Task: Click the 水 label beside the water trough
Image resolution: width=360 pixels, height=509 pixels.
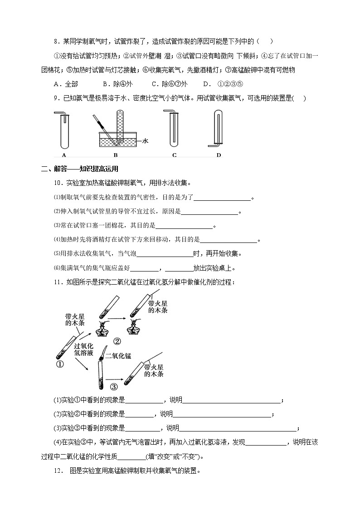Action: click(145, 141)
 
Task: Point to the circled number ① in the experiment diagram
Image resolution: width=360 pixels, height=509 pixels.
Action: click(59, 364)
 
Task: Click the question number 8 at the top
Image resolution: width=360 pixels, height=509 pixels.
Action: click(55, 42)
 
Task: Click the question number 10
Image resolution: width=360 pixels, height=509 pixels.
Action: click(57, 183)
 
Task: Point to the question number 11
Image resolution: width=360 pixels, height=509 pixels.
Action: click(57, 282)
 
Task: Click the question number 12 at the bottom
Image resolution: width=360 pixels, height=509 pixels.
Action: click(57, 471)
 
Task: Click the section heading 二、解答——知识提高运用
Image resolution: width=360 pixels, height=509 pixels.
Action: click(79, 169)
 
